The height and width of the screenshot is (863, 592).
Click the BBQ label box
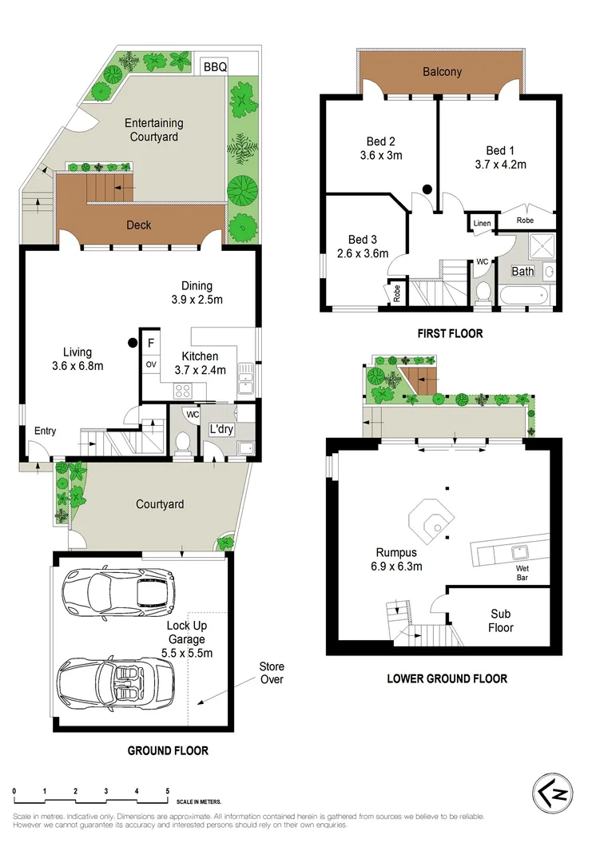pos(215,67)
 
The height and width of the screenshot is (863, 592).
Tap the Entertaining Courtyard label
pos(154,130)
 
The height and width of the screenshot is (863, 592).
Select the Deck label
pos(139,225)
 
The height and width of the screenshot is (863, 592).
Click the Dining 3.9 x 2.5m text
pos(196,292)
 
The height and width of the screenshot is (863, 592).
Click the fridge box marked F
pos(149,343)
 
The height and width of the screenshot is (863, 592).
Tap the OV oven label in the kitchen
pos(150,365)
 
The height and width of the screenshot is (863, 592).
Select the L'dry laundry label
pos(221,429)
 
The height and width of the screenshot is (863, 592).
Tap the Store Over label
pos(271,673)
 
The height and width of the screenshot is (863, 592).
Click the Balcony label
pos(442,72)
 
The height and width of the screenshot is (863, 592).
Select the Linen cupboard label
pos(481,224)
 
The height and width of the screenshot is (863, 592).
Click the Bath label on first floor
pos(522,272)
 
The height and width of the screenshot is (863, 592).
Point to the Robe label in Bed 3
pos(397,294)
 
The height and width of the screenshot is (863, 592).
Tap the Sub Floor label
pos(500,621)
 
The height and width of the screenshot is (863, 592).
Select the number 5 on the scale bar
pos(168,790)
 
